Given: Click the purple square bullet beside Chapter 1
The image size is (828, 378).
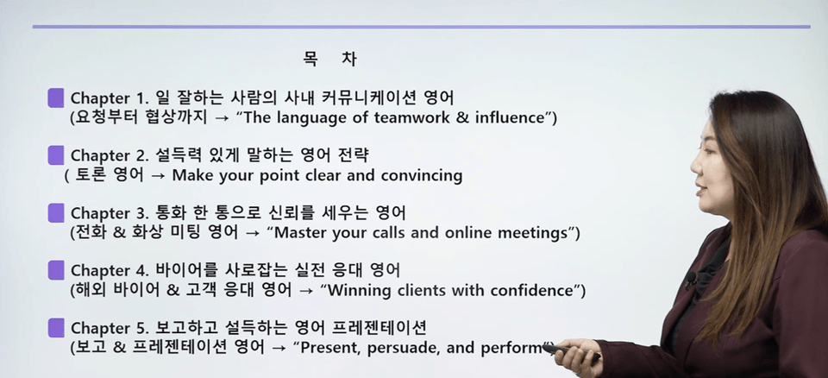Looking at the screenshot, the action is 56,98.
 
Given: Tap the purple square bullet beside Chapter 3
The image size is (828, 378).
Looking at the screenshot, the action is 56,213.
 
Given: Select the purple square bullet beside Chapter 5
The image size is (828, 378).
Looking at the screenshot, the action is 56,328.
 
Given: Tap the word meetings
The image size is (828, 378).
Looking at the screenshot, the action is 536,233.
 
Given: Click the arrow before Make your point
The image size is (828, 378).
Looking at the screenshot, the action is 159,175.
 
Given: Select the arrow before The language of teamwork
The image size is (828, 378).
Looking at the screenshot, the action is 222,118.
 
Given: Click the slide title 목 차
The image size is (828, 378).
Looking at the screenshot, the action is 330,59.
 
